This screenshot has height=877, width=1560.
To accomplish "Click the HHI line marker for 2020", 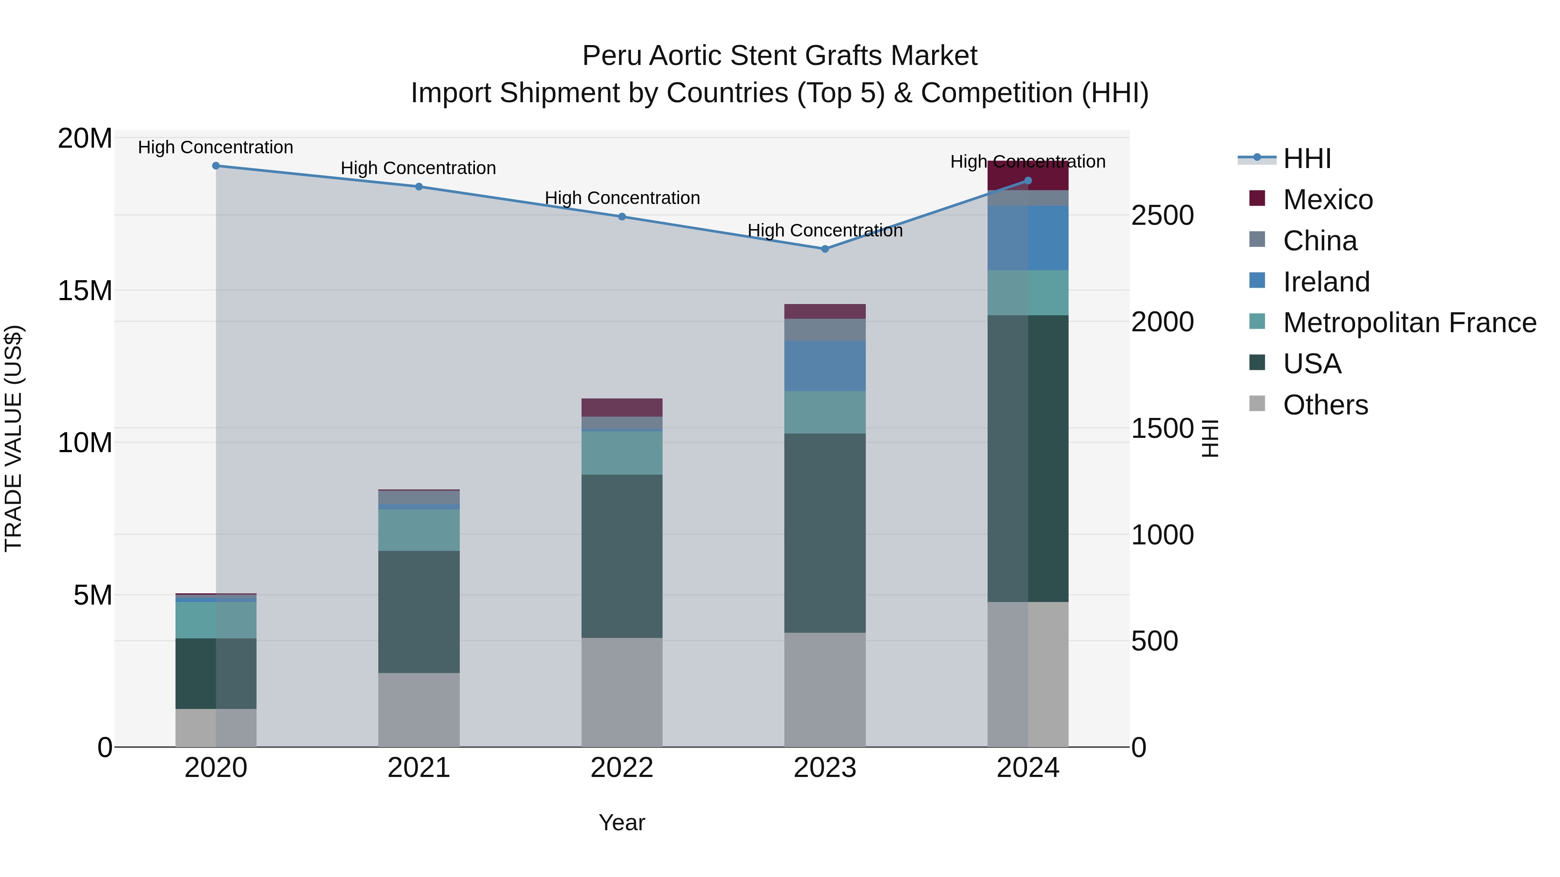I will [216, 166].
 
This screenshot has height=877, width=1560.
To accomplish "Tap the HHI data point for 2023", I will [825, 249].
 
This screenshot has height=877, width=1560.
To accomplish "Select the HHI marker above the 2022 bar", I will [622, 217].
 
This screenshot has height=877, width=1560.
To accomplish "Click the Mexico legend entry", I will [1327, 200].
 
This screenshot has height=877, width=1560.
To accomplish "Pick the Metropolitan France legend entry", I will [1409, 323].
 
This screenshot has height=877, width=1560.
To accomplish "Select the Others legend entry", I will [1325, 405].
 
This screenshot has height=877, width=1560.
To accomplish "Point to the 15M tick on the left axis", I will [85, 291].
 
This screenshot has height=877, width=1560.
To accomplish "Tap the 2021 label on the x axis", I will [419, 768].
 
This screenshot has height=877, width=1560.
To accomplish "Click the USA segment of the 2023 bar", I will [825, 533].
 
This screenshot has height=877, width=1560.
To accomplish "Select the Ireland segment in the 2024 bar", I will [1028, 238].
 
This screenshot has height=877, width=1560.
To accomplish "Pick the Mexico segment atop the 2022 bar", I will [622, 408].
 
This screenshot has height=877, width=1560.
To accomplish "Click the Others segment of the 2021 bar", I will [419, 709].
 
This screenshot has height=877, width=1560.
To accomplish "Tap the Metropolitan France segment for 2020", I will [216, 620].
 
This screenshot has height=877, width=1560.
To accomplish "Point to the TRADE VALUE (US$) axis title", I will [14, 438].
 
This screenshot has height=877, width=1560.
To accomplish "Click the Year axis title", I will [622, 822].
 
